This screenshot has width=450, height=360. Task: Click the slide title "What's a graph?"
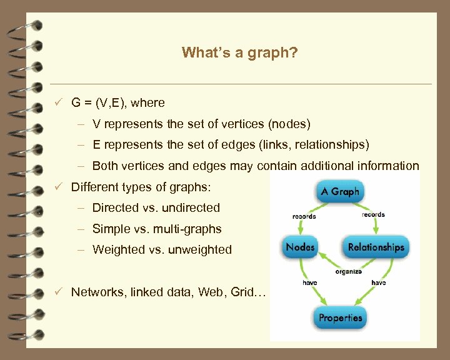point(239,52)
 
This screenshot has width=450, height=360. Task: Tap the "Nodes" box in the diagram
point(300,247)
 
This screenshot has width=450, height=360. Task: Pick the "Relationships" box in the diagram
point(376,247)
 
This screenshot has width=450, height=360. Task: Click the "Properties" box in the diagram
point(340,317)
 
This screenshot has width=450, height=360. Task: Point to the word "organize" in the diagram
point(348,271)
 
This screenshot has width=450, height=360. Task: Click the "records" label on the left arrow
point(304,216)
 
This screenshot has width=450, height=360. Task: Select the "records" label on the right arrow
point(373,214)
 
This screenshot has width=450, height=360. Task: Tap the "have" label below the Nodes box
point(309,282)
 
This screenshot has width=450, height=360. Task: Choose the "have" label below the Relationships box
point(378,282)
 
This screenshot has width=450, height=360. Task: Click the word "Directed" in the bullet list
point(114,207)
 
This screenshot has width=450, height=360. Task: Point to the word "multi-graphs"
point(191,229)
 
